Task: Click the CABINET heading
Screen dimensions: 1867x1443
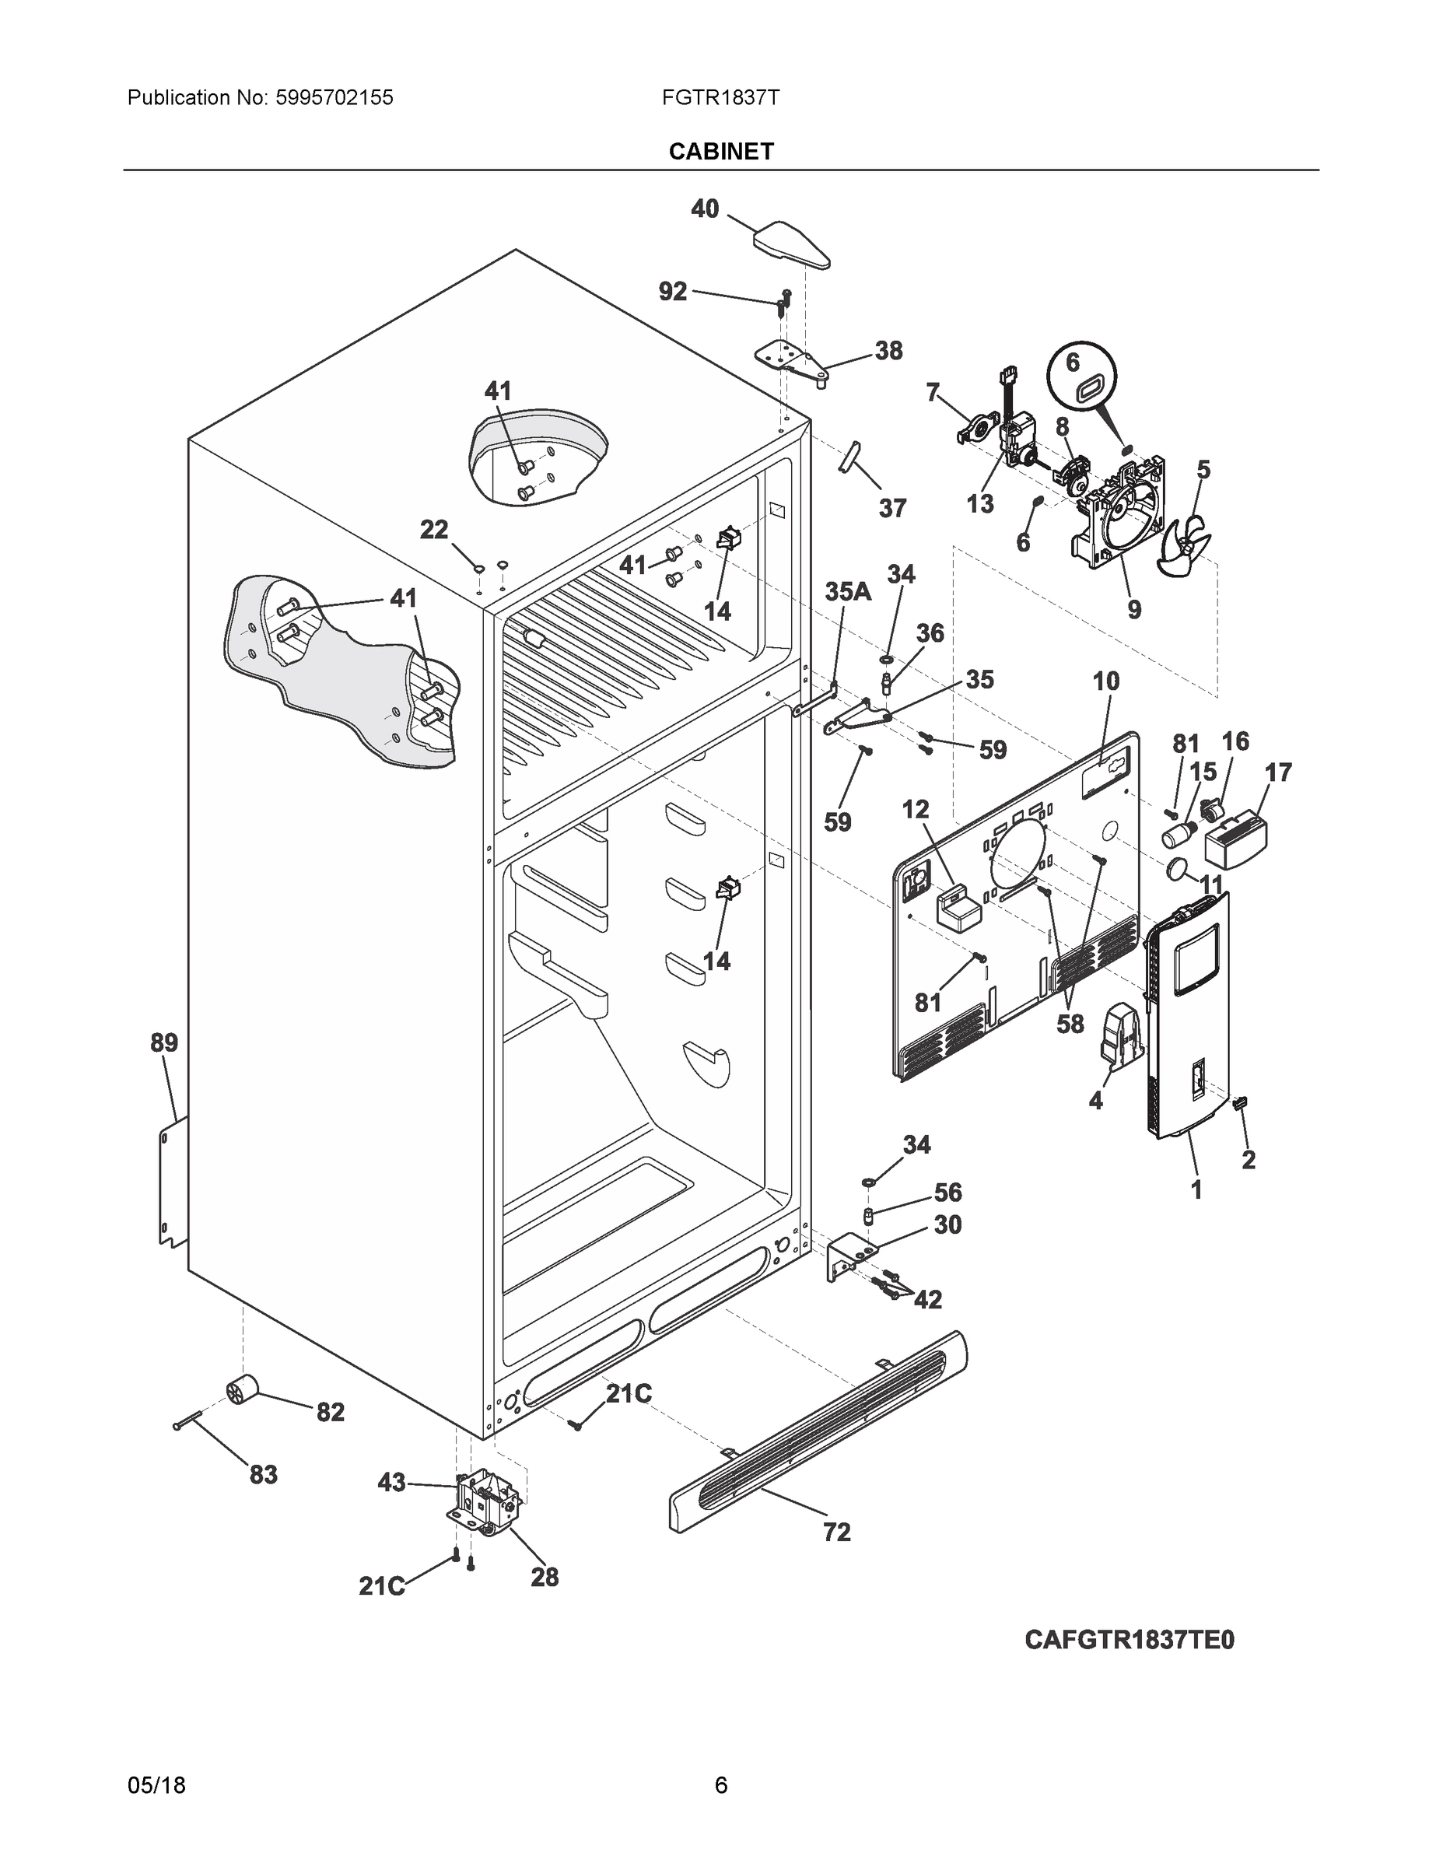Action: [x=720, y=152]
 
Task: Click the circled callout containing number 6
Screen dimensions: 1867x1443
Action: [x=1082, y=380]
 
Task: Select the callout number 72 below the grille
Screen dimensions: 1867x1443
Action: [x=836, y=1532]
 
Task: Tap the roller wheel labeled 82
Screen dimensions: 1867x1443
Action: [x=242, y=1391]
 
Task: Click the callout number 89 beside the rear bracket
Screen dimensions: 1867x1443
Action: [x=164, y=1043]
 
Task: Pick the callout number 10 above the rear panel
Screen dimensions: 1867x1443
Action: [x=1105, y=681]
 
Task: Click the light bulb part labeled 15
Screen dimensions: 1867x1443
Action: [x=1177, y=833]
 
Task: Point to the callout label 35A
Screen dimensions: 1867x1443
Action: [x=847, y=591]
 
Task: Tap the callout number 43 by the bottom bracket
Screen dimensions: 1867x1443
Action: [x=391, y=1482]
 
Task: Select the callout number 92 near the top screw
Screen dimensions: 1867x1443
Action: [x=673, y=292]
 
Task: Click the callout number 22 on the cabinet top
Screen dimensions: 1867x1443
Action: [x=434, y=530]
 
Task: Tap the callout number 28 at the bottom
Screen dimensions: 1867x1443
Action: [x=545, y=1576]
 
